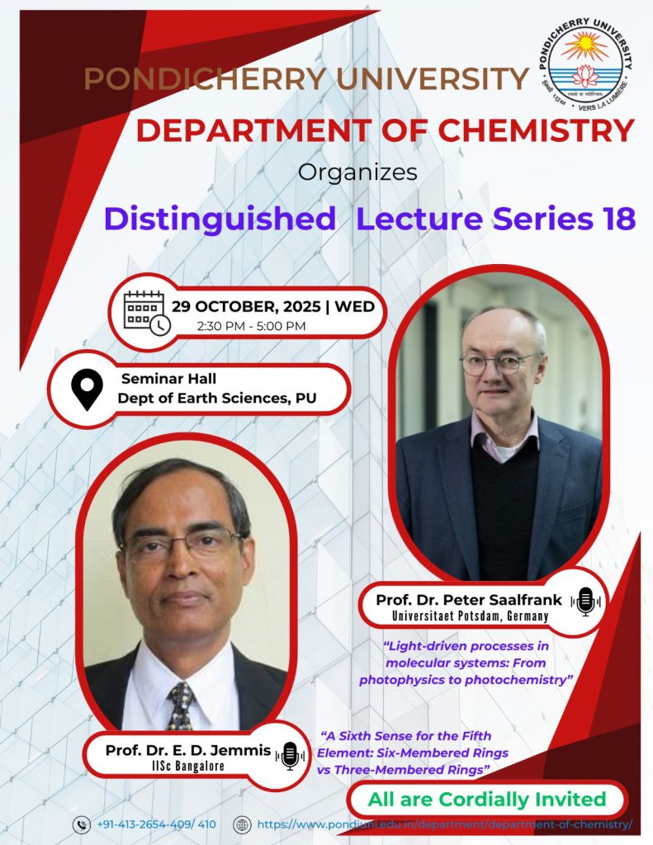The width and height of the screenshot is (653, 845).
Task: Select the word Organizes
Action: tap(357, 172)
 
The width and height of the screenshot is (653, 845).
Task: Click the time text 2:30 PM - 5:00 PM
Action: tap(251, 326)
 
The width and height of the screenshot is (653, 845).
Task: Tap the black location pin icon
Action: tap(87, 390)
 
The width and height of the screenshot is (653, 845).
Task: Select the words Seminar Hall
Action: tap(168, 379)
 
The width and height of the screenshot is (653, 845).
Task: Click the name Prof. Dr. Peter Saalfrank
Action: tap(469, 600)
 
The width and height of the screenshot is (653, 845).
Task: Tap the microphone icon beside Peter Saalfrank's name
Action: tap(585, 602)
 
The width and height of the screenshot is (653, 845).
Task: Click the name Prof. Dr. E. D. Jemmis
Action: tap(188, 749)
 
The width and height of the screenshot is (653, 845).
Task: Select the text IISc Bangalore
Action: tap(187, 766)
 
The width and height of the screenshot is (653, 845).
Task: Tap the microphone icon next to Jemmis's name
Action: tap(290, 756)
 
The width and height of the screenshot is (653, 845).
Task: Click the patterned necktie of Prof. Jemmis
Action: tap(181, 706)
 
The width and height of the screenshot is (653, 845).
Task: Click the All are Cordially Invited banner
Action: tap(487, 799)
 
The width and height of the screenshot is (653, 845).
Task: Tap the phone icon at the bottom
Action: tap(82, 824)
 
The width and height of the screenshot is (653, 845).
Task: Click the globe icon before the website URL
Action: tap(242, 824)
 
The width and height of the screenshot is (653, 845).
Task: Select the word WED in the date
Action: tap(354, 307)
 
